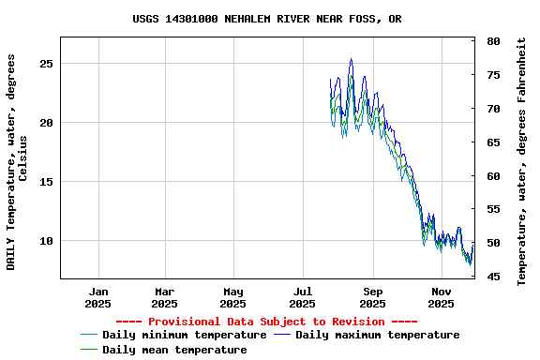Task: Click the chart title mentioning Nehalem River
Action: click(x=267, y=19)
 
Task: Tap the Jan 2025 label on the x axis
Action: click(x=97, y=297)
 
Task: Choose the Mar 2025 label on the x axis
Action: click(x=164, y=297)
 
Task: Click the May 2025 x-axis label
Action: click(x=233, y=297)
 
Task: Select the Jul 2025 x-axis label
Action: click(x=302, y=297)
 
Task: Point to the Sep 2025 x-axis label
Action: click(x=372, y=297)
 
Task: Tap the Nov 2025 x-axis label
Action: click(x=442, y=297)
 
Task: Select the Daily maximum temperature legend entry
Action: click(x=377, y=335)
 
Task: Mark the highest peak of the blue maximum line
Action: click(x=352, y=59)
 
